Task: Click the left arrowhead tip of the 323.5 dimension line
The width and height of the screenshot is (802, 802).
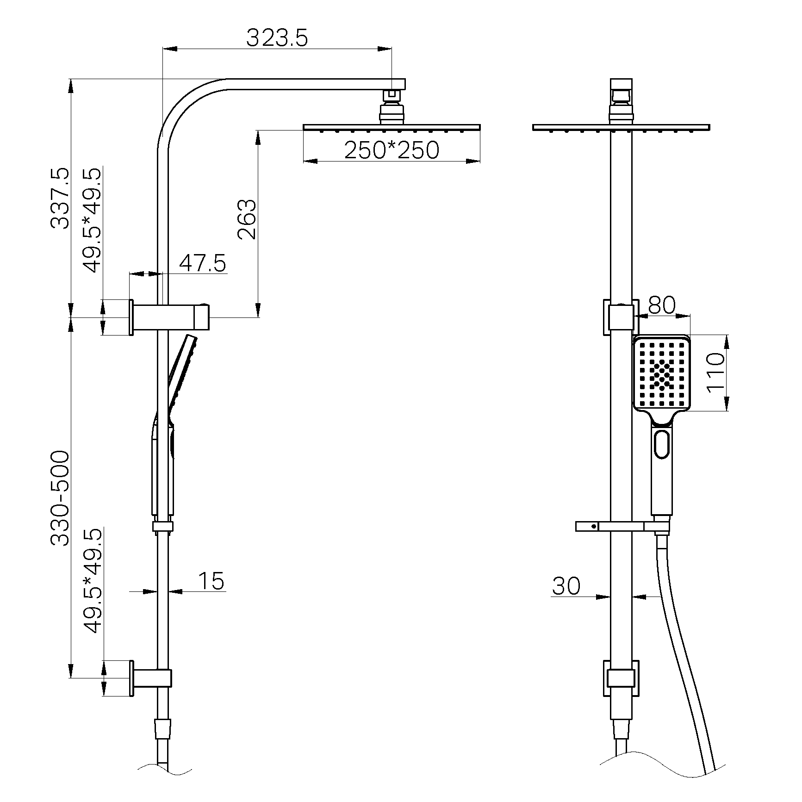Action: tap(163, 48)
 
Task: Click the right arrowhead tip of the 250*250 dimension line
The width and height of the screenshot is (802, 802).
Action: tap(480, 161)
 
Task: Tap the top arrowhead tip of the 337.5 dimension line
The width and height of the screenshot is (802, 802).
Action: tap(71, 79)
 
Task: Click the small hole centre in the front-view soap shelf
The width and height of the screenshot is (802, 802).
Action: tap(593, 526)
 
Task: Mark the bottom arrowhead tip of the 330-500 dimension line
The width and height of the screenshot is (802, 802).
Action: tap(71, 678)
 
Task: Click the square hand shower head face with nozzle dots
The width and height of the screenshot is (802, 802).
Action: tap(662, 373)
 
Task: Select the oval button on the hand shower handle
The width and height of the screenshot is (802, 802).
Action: tap(662, 444)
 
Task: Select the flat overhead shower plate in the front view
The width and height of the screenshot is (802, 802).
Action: tap(621, 127)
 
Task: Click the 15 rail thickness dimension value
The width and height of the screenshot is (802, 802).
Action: tap(211, 581)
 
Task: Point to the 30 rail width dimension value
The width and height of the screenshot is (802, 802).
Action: tap(566, 586)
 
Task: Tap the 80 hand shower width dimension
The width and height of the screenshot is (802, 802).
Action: tap(662, 305)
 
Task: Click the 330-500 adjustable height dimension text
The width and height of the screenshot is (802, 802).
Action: tap(60, 498)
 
